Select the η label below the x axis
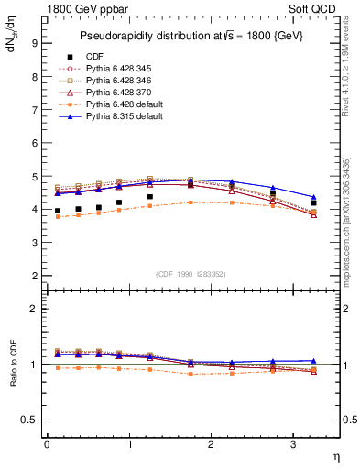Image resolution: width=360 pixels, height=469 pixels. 335,455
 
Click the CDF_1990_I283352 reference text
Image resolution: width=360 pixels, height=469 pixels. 191,274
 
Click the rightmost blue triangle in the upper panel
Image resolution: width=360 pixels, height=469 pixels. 314,197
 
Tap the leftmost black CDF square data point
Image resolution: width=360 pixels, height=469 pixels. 58,211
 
